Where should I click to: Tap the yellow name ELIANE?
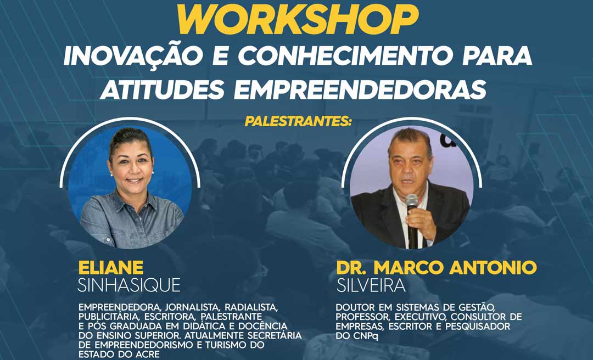click(111, 268)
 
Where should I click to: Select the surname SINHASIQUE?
click(129, 285)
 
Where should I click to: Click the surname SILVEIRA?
click(371, 285)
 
